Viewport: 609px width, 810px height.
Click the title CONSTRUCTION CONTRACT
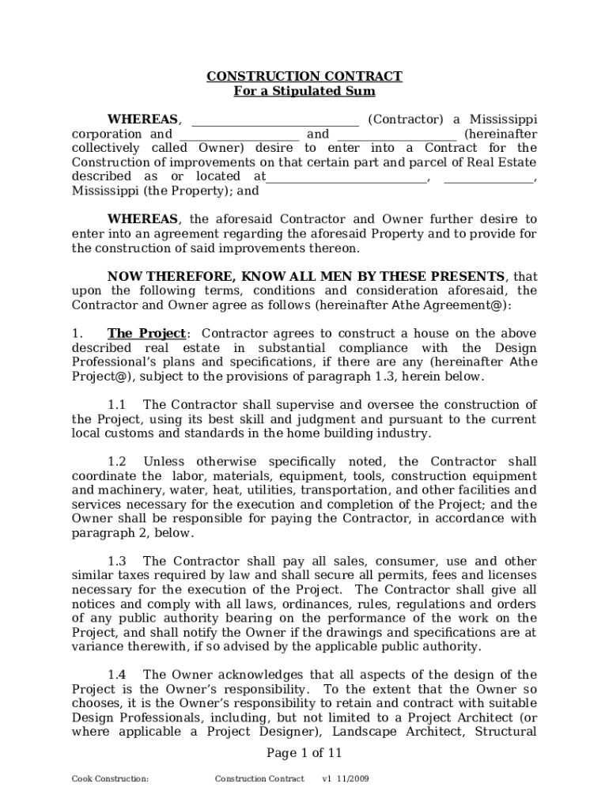tap(304, 77)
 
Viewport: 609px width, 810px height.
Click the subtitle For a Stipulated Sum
tap(304, 92)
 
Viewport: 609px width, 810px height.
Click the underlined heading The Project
tap(146, 334)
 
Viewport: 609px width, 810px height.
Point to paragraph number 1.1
tap(117, 405)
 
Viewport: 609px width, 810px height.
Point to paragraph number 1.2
tap(117, 462)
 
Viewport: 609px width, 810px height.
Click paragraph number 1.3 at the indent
tap(117, 562)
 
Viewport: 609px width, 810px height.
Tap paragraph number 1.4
tap(117, 675)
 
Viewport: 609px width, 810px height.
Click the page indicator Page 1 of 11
tap(304, 753)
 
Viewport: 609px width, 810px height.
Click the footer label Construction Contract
tap(259, 779)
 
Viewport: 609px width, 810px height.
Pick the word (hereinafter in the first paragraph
tap(500, 134)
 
